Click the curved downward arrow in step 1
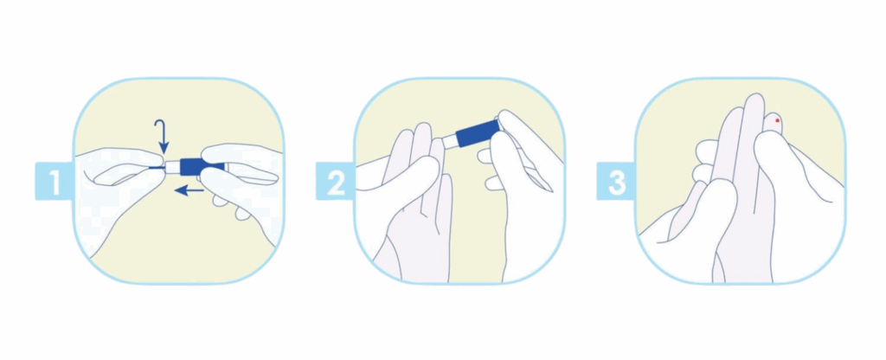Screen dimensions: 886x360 [x=162, y=136]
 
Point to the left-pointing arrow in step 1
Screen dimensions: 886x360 [x=189, y=191]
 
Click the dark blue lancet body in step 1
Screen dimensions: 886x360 [x=195, y=166]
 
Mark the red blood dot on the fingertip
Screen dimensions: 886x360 [x=778, y=120]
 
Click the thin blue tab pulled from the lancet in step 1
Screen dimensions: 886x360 [x=157, y=167]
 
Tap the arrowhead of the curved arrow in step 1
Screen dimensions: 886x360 [x=163, y=148]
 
